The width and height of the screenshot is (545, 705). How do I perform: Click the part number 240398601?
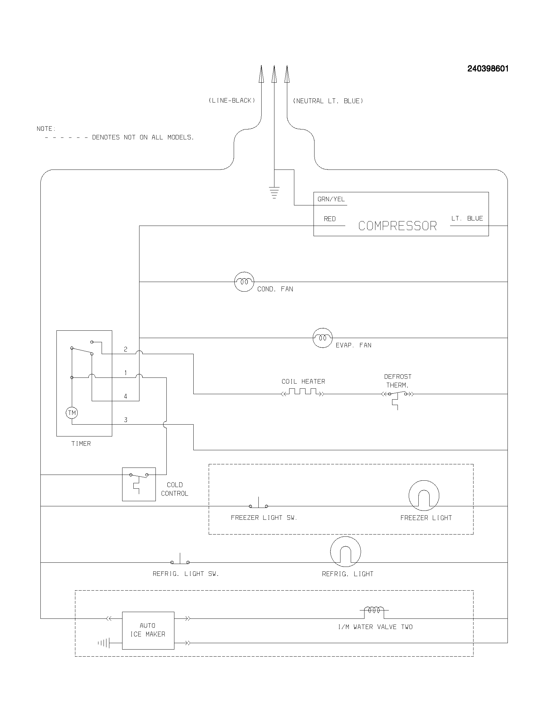pos(488,69)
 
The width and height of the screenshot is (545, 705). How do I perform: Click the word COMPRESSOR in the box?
pos(398,226)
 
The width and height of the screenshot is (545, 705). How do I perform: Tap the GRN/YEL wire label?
pos(331,199)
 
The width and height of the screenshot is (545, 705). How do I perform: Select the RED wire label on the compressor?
pos(330,219)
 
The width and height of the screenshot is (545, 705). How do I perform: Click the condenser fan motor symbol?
pos(244,282)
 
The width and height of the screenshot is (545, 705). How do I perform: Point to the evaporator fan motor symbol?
pos(323,338)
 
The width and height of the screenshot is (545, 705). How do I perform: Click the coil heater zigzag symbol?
pos(303,392)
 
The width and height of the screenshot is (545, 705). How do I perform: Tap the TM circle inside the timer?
pos(72,413)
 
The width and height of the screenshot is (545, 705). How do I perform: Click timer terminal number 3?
pos(126,420)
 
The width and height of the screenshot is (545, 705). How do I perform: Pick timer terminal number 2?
pos(126,349)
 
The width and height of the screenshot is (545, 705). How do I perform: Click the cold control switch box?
pos(139,484)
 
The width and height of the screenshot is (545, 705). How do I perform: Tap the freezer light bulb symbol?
pos(423,495)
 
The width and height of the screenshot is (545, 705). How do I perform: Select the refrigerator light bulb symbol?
pos(345,552)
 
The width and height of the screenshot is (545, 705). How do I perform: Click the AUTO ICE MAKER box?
pos(148,630)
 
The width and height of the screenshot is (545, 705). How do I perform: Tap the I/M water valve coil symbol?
pos(374,610)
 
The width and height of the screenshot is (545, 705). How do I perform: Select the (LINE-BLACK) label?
pos(232,100)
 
